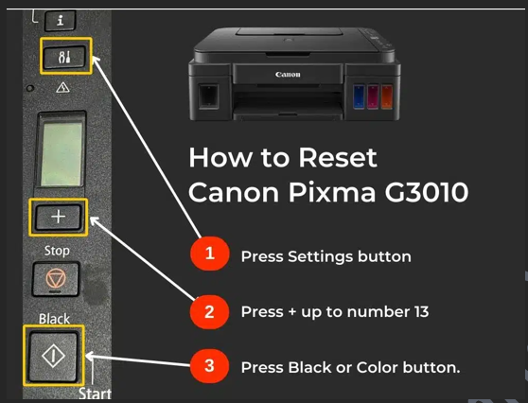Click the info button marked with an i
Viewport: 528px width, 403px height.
coord(60,21)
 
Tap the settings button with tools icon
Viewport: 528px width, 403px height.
coord(64,57)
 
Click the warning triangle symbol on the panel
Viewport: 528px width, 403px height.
coord(63,88)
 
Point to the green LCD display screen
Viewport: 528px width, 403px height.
coord(62,154)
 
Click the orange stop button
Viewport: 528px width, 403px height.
coord(56,279)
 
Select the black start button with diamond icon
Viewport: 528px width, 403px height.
coord(53,356)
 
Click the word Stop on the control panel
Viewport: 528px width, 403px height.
coord(57,251)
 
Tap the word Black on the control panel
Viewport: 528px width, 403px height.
coord(54,319)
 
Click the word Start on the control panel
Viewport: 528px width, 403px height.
coord(95,394)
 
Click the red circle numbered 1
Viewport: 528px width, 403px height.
coord(210,254)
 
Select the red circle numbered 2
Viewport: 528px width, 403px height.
coord(209,312)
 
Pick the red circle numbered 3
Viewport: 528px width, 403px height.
coord(209,366)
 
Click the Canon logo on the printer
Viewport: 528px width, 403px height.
coord(288,75)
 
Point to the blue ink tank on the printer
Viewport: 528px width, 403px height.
coord(359,96)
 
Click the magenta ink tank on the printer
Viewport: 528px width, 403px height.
coord(373,96)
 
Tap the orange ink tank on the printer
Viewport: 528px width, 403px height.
coord(387,96)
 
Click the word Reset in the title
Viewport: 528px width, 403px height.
coord(338,158)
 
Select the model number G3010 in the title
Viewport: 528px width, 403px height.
coord(427,192)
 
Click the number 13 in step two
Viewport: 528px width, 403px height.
coord(421,312)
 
